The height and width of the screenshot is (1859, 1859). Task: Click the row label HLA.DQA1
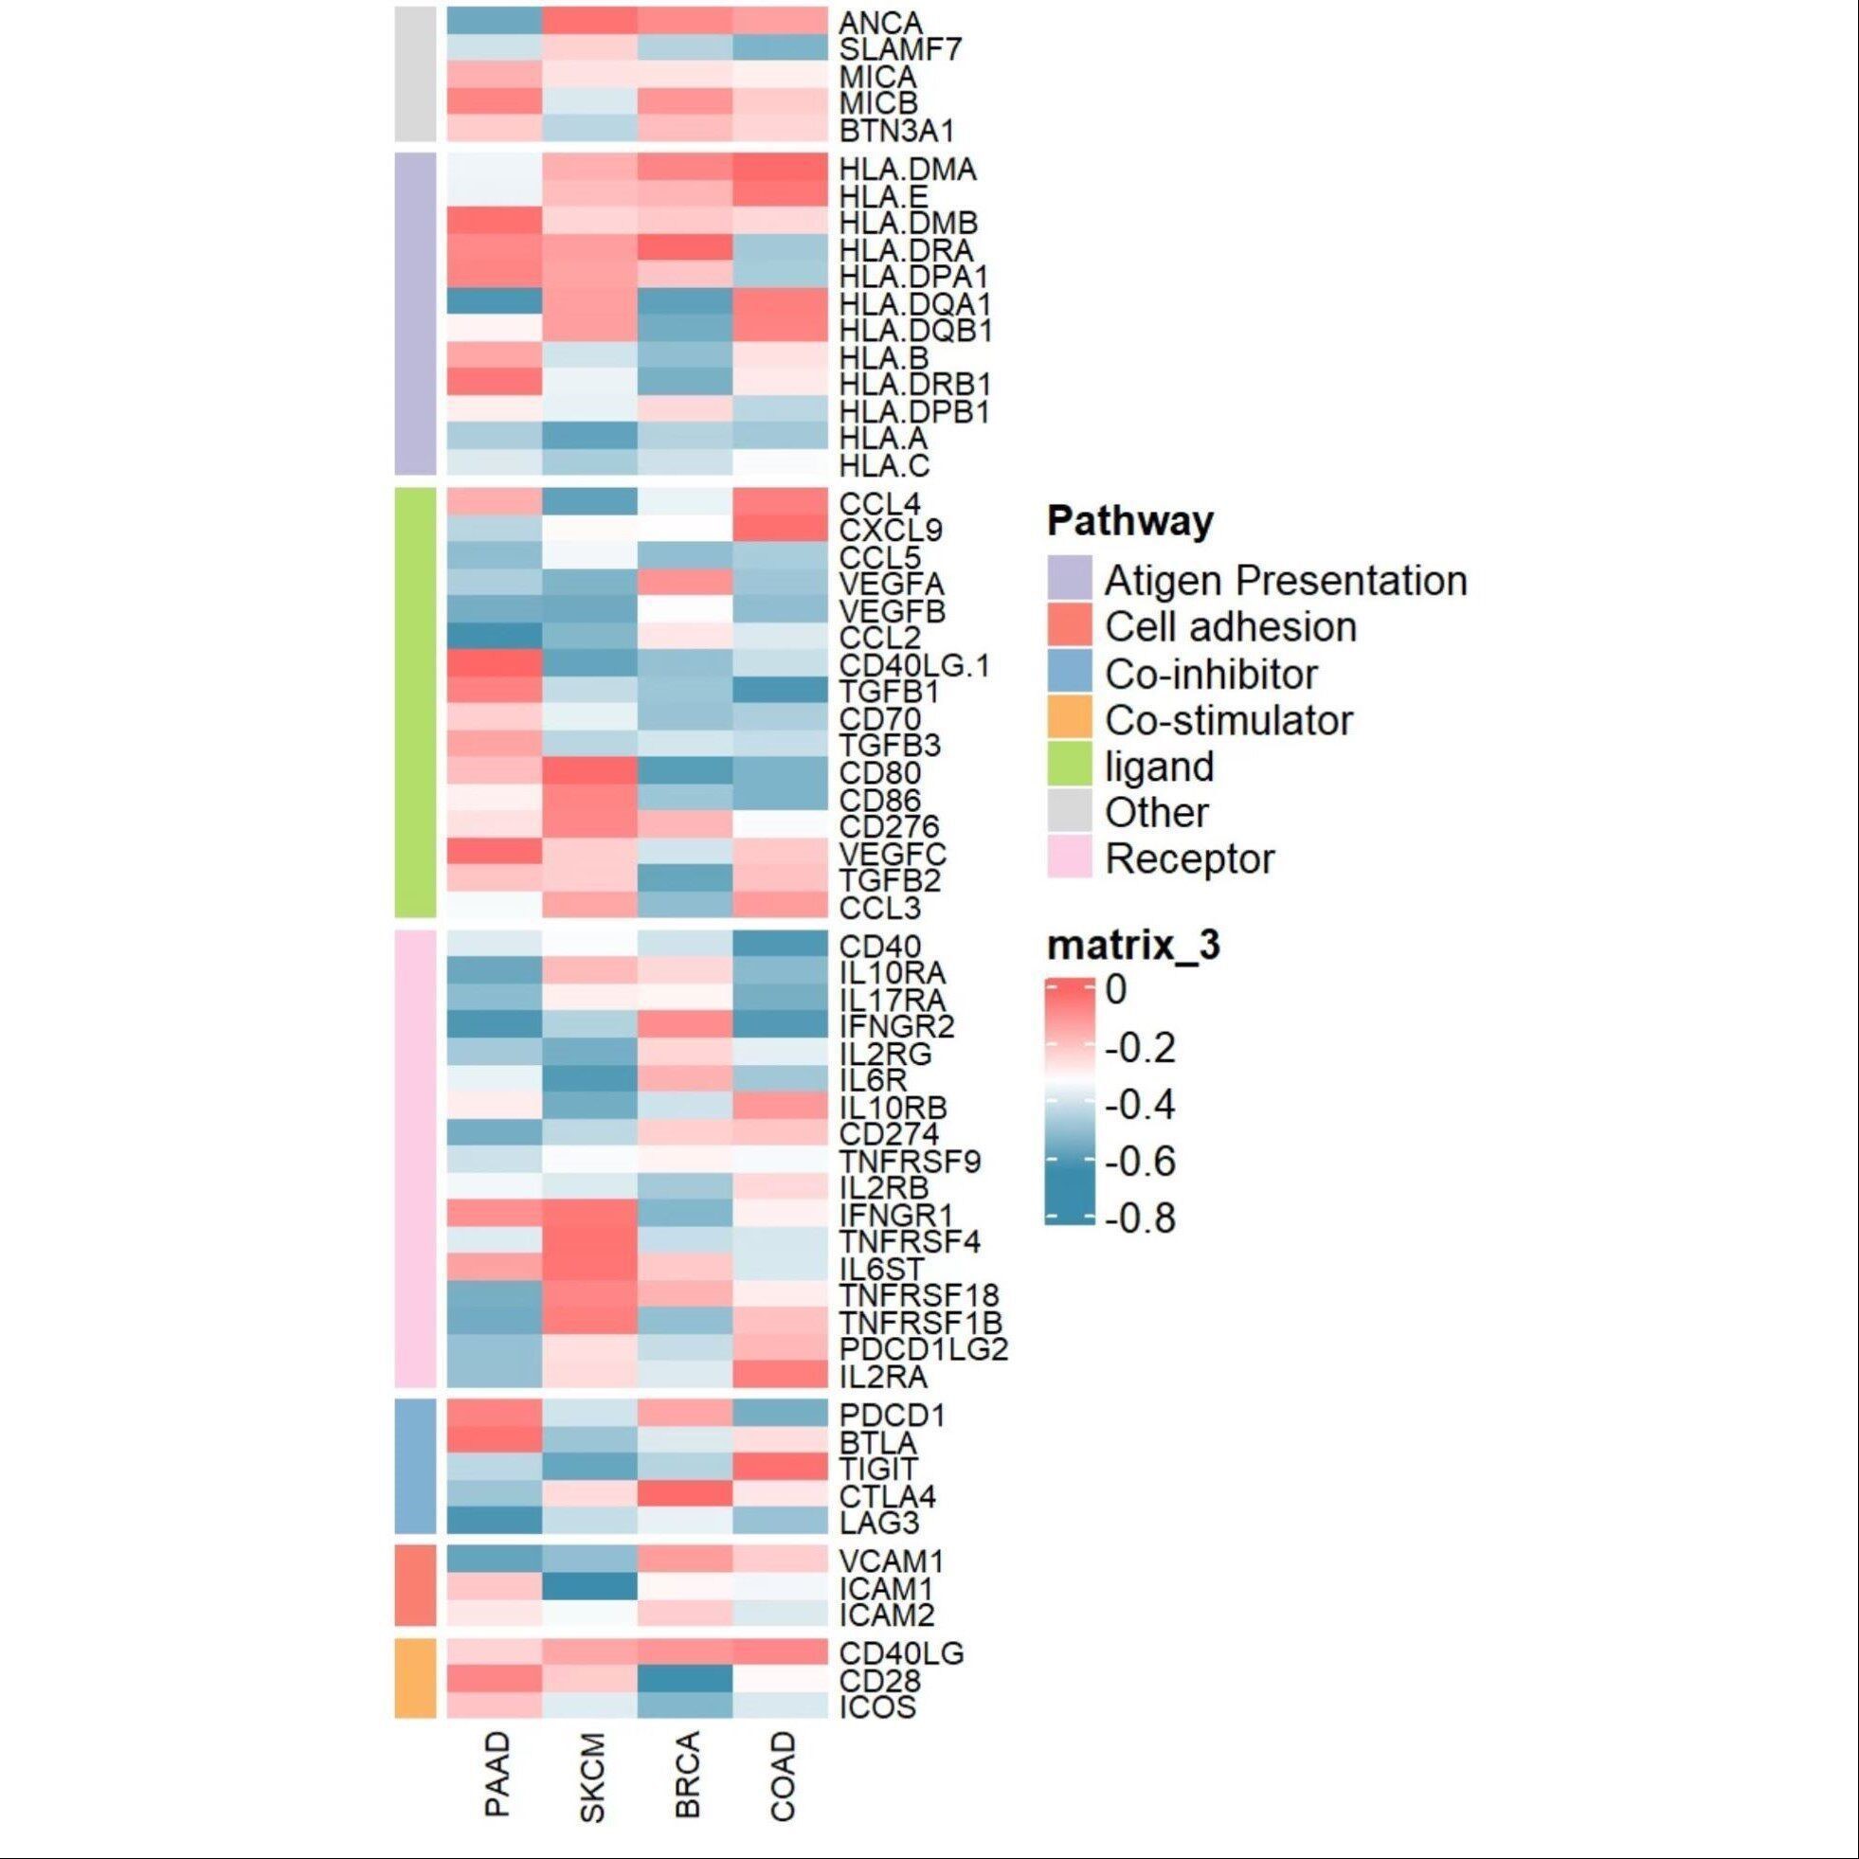pos(914,304)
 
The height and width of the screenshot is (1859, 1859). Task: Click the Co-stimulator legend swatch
pos(1069,721)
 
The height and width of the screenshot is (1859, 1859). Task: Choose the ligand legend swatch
pos(1069,767)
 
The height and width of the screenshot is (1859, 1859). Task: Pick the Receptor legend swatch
pos(1069,859)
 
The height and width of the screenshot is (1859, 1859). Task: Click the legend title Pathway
pos(1129,522)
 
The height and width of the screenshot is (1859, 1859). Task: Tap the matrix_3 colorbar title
pos(1133,947)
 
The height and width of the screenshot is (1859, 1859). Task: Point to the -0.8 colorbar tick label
pos(1141,1219)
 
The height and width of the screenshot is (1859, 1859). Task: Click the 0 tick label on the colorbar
pos(1116,989)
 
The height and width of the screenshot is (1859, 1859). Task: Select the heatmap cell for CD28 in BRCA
pos(684,1679)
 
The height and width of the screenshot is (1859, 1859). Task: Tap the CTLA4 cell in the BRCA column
pos(684,1494)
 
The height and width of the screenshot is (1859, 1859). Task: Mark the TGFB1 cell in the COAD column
pos(781,691)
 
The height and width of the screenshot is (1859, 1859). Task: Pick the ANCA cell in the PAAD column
pos(495,21)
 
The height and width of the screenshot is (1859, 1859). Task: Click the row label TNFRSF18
pos(919,1295)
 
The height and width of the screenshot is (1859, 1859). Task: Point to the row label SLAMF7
pos(900,48)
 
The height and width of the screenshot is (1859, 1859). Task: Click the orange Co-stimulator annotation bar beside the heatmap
pos(416,1679)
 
